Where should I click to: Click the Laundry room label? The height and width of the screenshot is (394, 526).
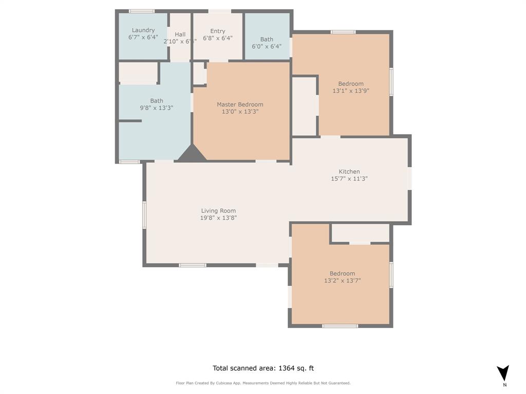click(143, 30)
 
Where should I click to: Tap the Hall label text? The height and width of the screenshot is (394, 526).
click(180, 34)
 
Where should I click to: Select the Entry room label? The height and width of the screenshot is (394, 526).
click(218, 31)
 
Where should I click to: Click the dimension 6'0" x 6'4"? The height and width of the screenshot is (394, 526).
click(267, 46)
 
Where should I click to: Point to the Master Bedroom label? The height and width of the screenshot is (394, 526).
click(240, 105)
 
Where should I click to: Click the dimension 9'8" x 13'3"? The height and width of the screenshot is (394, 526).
click(157, 108)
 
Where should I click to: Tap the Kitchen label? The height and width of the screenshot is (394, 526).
click(349, 172)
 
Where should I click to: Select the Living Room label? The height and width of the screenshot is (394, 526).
click(218, 211)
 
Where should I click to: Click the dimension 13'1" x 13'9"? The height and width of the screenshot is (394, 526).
click(351, 91)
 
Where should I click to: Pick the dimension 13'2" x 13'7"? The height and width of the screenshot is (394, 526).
click(343, 281)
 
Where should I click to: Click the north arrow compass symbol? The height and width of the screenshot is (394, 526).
click(503, 373)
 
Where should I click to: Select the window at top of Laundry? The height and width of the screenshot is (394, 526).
click(141, 11)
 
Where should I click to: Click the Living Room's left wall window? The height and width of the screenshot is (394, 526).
click(144, 214)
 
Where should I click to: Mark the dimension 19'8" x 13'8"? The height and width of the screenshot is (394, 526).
click(218, 218)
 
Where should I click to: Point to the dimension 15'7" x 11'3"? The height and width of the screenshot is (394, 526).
click(349, 179)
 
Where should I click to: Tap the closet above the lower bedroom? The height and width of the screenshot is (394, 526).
click(360, 233)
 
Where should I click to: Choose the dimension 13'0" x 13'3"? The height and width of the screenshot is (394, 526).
click(240, 111)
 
